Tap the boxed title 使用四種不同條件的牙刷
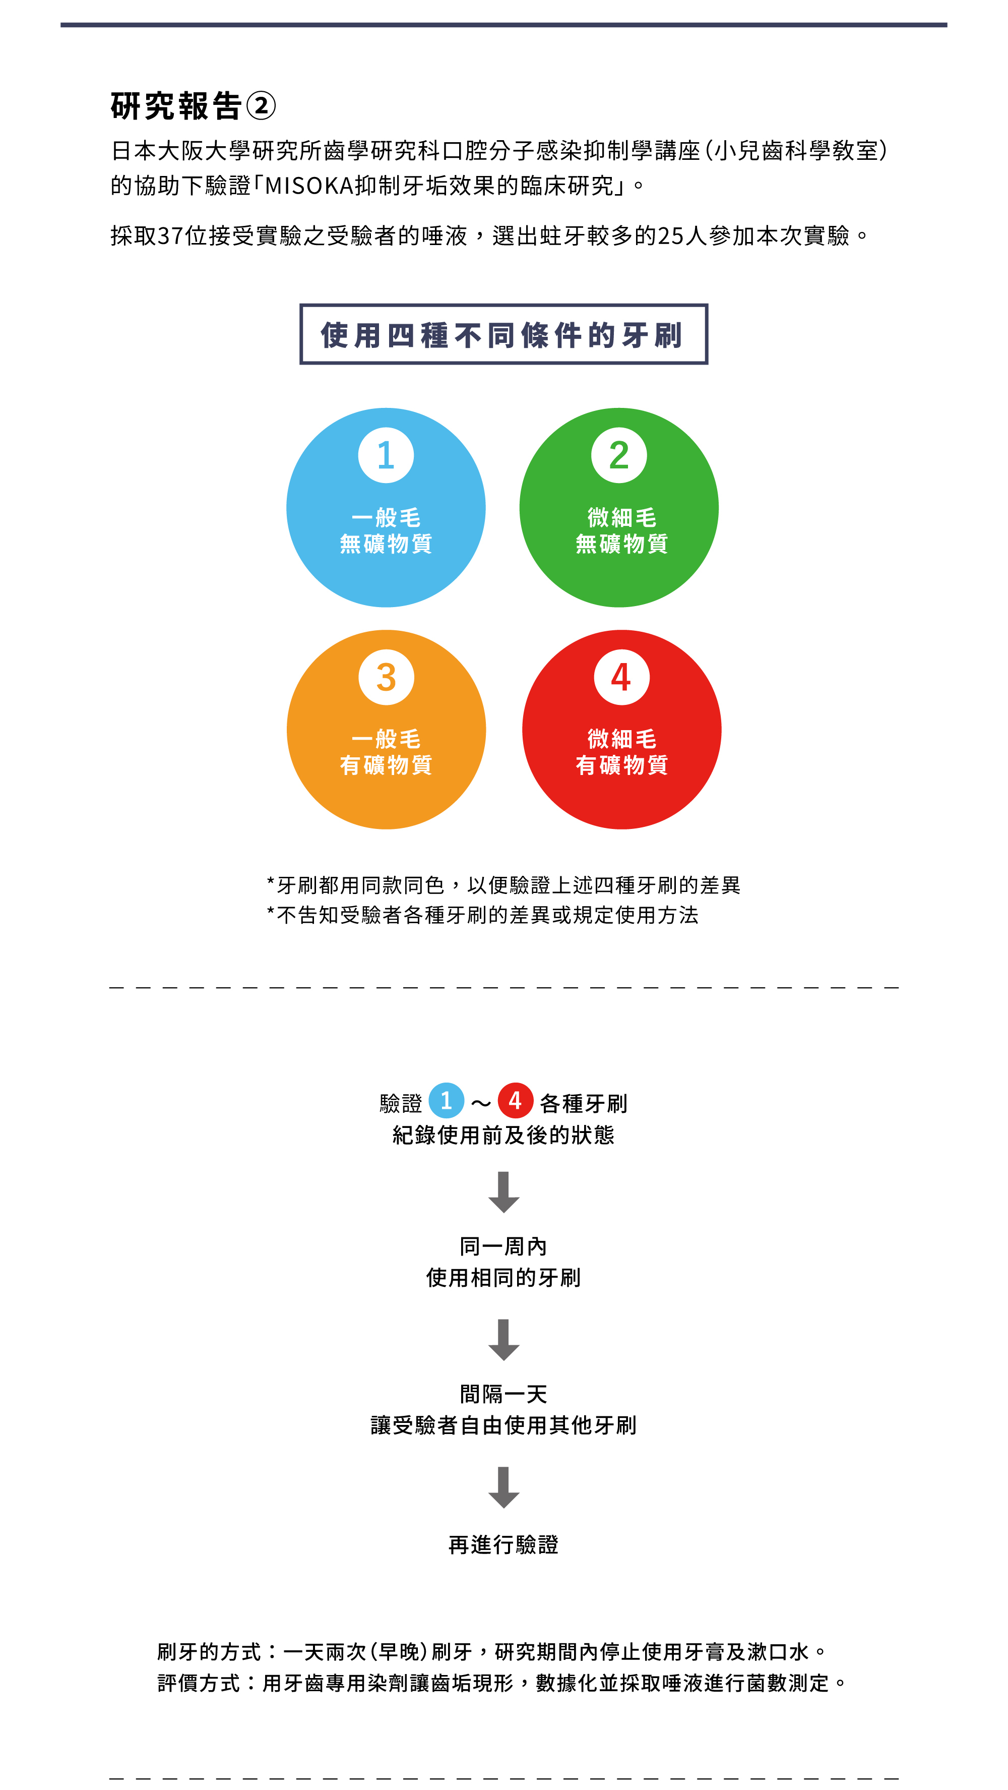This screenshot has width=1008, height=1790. click(503, 334)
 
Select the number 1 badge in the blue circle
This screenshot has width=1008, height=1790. click(386, 455)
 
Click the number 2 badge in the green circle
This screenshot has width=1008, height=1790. click(619, 455)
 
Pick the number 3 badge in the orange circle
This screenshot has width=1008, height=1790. click(386, 677)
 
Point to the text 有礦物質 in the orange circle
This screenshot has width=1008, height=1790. click(386, 765)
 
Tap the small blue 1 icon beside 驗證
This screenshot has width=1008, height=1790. click(446, 1100)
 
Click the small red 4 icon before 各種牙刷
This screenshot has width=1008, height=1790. click(515, 1100)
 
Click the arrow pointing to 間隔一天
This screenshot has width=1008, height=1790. click(503, 1339)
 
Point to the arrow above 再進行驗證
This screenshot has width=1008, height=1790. click(503, 1486)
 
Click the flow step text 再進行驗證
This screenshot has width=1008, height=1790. click(503, 1545)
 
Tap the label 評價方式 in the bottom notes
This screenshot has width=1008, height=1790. click(199, 1683)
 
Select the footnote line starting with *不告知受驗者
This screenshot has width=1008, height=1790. click(483, 915)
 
